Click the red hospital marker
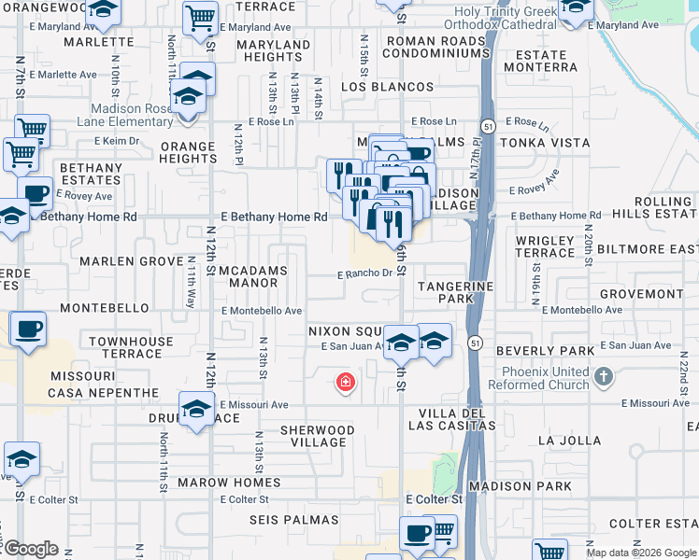[346, 382]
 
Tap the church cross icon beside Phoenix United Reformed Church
[604, 378]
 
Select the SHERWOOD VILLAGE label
[318, 437]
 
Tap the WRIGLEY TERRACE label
[545, 246]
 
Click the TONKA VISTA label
[545, 143]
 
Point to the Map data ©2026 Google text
[641, 553]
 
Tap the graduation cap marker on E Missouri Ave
[196, 411]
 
